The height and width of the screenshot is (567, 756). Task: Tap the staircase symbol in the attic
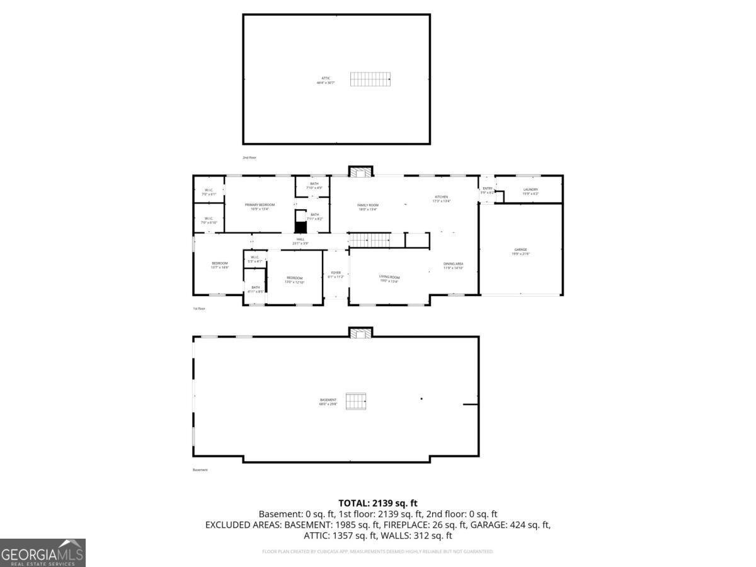click(371, 79)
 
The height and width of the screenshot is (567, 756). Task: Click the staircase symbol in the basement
click(356, 401)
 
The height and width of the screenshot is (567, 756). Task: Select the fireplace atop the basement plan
click(361, 333)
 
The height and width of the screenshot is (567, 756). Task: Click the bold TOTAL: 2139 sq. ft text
click(378, 503)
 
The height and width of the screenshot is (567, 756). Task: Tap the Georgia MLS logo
click(42, 553)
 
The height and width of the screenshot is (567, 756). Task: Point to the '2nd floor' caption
click(249, 157)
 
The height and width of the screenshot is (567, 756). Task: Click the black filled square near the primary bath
click(301, 227)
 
